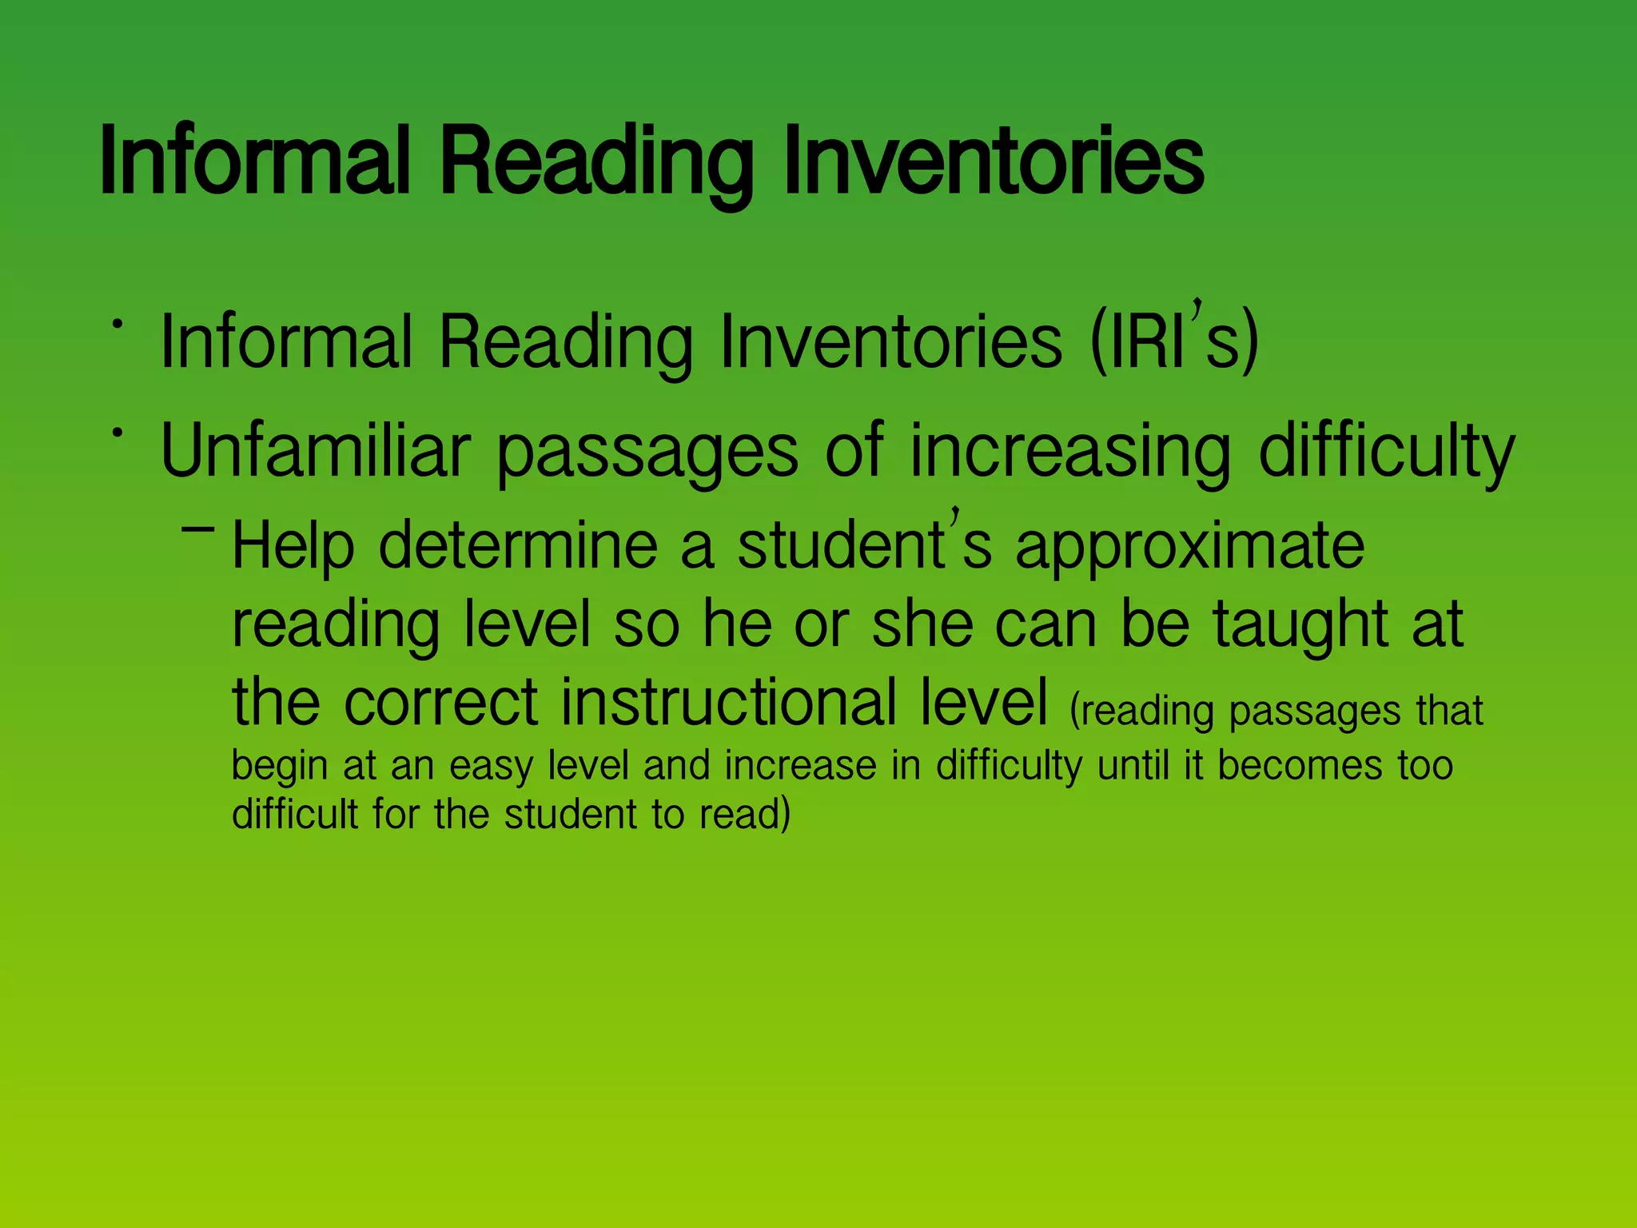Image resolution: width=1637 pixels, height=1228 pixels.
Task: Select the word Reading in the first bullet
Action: tap(565, 342)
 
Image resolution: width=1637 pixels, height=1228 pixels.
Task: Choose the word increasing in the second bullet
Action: tap(1070, 452)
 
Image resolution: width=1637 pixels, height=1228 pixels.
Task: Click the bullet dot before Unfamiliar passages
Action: tap(117, 433)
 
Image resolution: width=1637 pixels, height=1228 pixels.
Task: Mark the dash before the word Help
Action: tap(198, 528)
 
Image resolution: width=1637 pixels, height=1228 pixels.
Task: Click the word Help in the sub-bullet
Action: tap(293, 546)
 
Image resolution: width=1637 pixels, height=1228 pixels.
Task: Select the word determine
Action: tap(518, 546)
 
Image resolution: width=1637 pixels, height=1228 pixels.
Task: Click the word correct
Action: tap(441, 702)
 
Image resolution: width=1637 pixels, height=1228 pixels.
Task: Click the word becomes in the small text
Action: tap(1300, 765)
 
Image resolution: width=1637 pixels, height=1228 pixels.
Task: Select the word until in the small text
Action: tap(1134, 765)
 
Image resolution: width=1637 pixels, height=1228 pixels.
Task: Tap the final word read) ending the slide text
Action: tap(745, 815)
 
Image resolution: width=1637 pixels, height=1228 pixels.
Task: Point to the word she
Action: tap(922, 625)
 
